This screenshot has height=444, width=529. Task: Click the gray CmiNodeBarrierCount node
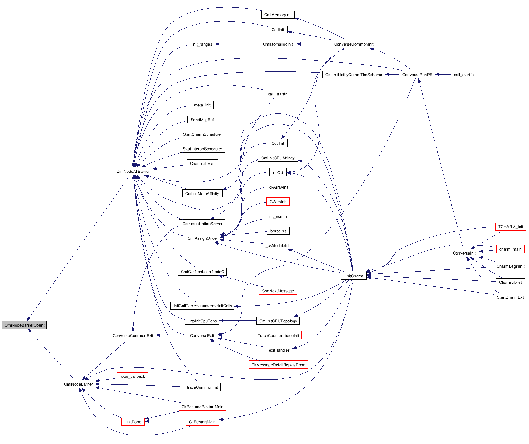(24, 325)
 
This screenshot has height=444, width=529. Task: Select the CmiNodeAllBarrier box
(133, 171)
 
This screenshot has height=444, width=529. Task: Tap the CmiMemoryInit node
(278, 15)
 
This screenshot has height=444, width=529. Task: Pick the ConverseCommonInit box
(353, 44)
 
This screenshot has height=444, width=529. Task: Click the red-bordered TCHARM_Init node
(510, 227)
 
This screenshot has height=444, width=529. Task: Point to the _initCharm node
(353, 276)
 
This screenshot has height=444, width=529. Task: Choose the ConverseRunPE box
(417, 75)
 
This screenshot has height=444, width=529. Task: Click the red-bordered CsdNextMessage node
(278, 291)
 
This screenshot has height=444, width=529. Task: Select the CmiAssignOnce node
(202, 238)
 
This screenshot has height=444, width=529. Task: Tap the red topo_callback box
(133, 376)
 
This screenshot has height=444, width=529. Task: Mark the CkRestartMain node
(202, 422)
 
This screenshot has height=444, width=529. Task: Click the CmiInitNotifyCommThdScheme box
(353, 75)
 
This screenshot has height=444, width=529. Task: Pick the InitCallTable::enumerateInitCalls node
(202, 306)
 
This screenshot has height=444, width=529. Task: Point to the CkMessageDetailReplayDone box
(278, 365)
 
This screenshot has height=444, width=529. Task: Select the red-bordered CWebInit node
(278, 202)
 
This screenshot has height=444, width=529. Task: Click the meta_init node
(202, 105)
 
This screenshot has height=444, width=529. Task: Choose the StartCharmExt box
(510, 297)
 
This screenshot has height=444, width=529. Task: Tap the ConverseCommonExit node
(133, 335)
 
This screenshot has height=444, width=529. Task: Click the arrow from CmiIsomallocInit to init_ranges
(238, 44)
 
